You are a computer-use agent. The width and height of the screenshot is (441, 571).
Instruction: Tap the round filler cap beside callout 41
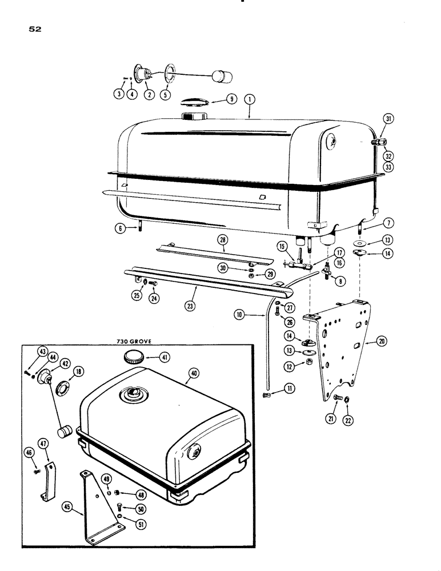click(135, 359)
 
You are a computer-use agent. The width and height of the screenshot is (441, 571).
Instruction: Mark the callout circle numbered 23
click(191, 305)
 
